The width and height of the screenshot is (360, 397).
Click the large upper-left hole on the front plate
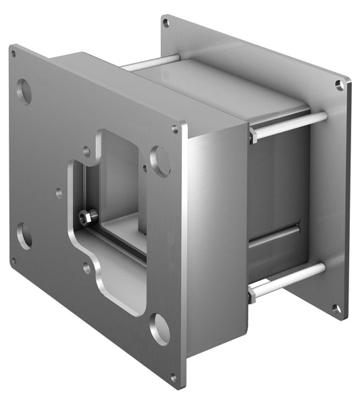pos(24,90)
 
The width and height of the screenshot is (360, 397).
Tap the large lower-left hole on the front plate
pos(24,236)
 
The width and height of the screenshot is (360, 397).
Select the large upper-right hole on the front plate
pos(160,160)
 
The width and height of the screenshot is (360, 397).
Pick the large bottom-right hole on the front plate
pos(159,328)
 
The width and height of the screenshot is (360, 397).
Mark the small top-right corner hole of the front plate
pos(175,128)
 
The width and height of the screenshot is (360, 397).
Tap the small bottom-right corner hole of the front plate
pos(174,377)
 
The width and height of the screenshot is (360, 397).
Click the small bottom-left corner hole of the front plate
pos(14,259)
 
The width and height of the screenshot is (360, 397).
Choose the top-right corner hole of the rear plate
pos(339,85)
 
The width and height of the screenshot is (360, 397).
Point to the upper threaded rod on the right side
pos(290,125)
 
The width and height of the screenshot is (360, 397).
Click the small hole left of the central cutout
pos(59,192)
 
